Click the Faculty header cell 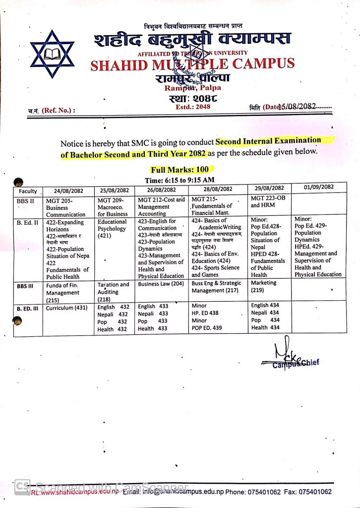point(28,190)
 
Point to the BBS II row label point(26,200)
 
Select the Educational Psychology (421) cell point(113,229)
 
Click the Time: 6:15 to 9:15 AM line point(180,180)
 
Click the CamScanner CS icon point(21,487)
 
